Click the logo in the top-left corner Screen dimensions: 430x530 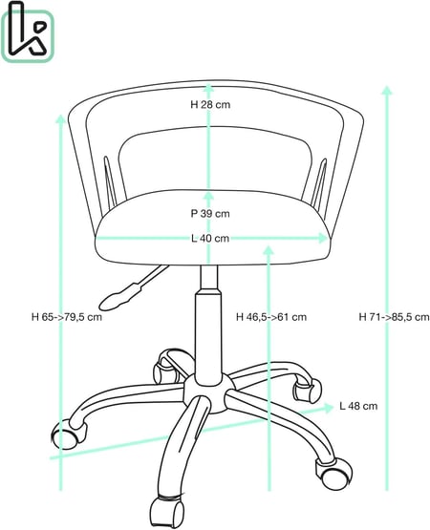(x=27, y=32)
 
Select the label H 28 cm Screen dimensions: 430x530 (x=210, y=105)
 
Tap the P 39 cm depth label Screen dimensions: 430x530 (x=210, y=214)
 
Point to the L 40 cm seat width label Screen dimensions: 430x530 (x=210, y=239)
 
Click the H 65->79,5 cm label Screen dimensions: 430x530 (x=67, y=317)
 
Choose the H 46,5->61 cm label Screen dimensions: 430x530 (x=271, y=317)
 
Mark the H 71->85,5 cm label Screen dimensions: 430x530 (x=394, y=317)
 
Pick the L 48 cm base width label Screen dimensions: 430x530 (x=358, y=406)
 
